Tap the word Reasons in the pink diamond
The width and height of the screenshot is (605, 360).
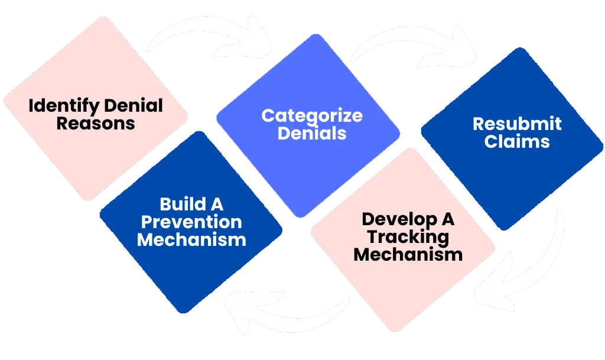point(96,124)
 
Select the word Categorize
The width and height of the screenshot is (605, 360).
point(312,115)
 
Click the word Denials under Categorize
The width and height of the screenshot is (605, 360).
point(312,133)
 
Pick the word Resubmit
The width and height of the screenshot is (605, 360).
point(517,124)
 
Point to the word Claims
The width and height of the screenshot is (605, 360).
point(517,142)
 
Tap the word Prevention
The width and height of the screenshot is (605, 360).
point(191,222)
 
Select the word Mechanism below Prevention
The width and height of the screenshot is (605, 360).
point(191,240)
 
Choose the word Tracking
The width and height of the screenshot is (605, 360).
point(408,237)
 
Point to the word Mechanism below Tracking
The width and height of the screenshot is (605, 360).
point(408,255)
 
